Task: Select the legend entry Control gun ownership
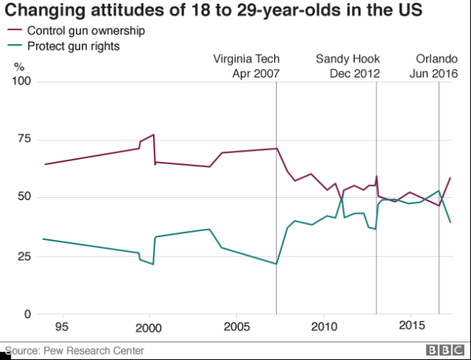[85, 31]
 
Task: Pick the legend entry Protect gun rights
[73, 46]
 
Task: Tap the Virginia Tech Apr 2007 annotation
[246, 66]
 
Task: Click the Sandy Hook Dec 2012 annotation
[347, 66]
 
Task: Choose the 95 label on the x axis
[62, 328]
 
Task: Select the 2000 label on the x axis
[149, 328]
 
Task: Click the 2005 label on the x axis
[236, 328]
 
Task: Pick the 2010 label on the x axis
[323, 328]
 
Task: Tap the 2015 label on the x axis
[410, 328]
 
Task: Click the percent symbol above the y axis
[19, 67]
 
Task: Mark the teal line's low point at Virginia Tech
[276, 264]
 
